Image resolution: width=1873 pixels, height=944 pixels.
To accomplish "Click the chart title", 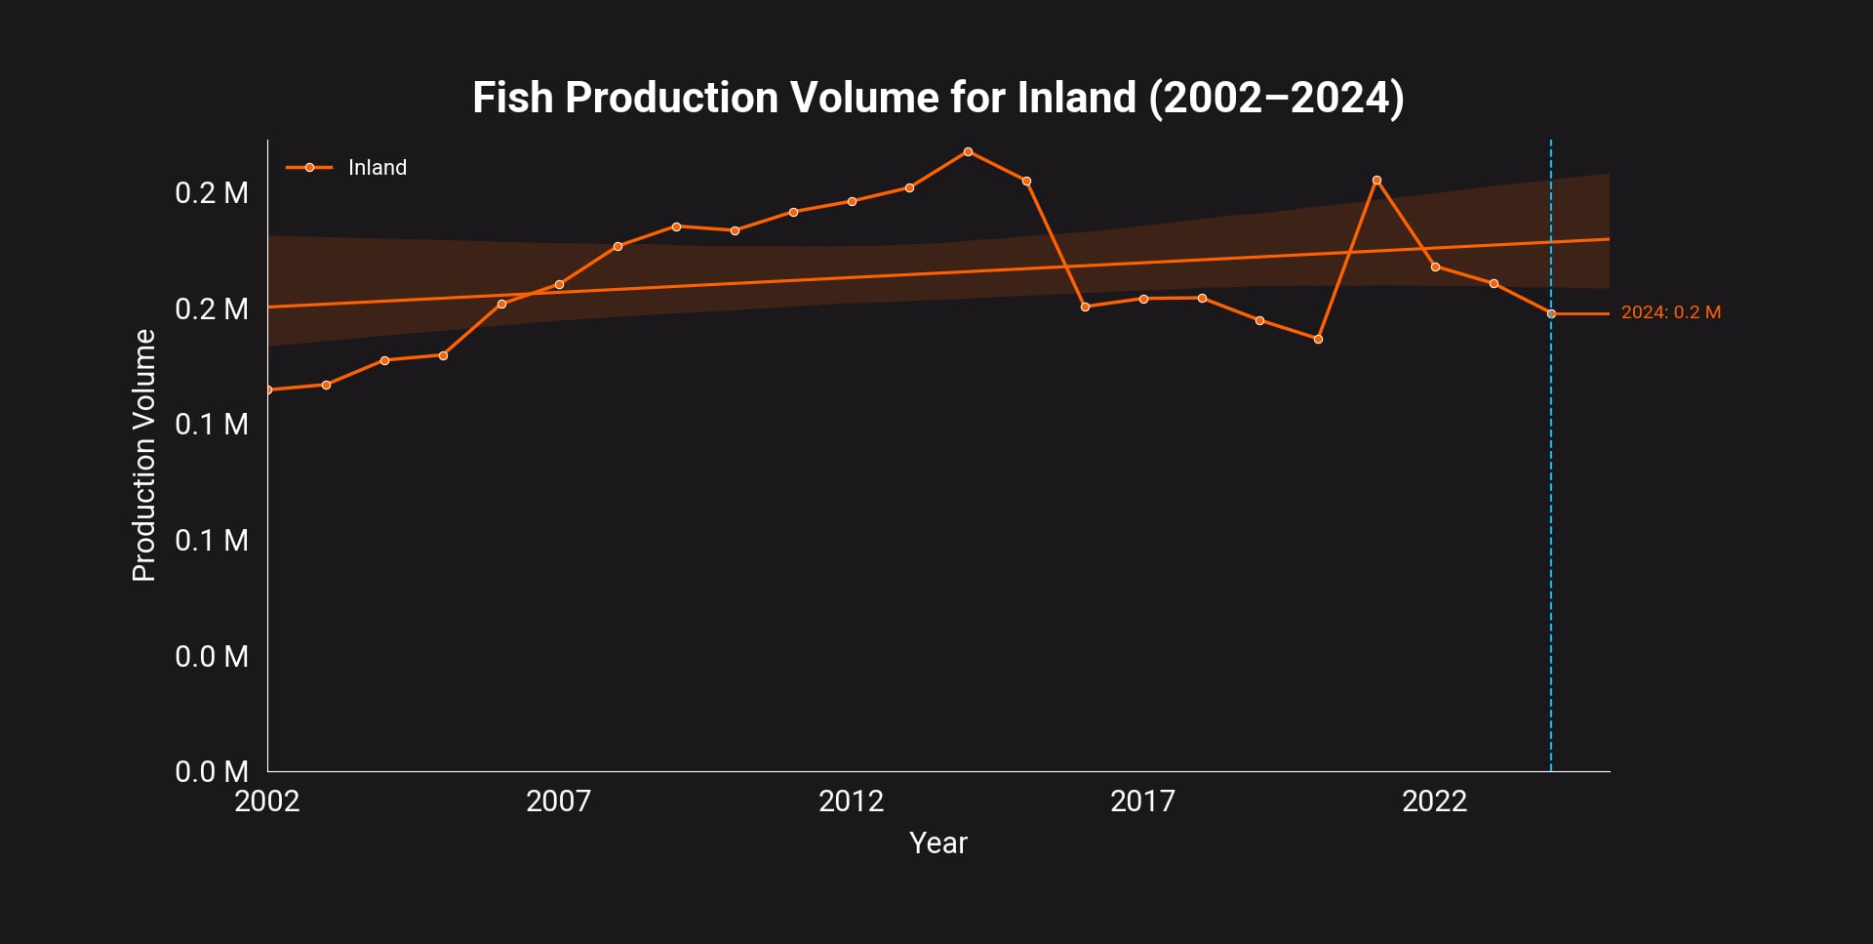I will pyautogui.click(x=937, y=98).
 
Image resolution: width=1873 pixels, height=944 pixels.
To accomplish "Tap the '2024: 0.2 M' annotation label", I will pyautogui.click(x=1670, y=312).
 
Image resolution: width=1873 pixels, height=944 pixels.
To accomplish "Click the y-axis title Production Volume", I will pyautogui.click(x=144, y=455).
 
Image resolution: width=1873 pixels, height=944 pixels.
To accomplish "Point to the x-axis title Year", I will pyautogui.click(x=937, y=842).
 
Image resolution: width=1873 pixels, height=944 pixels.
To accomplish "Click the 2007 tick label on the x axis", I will pyautogui.click(x=558, y=801).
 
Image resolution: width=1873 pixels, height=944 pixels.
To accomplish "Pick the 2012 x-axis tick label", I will pyautogui.click(x=851, y=801).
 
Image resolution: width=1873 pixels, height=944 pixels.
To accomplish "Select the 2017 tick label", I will pyautogui.click(x=1142, y=801).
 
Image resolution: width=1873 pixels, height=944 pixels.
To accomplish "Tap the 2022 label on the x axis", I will pyautogui.click(x=1434, y=801).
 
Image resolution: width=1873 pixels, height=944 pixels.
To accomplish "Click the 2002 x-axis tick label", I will pyautogui.click(x=267, y=801).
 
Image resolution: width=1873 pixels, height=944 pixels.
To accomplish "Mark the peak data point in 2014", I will pyautogui.click(x=968, y=151).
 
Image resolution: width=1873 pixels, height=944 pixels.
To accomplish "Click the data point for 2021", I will pyautogui.click(x=1376, y=181).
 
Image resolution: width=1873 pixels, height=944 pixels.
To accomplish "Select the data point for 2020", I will pyautogui.click(x=1318, y=339).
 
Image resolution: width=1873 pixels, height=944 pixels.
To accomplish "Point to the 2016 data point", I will pyautogui.click(x=1085, y=307).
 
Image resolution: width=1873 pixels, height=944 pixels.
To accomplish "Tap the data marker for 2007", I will pyautogui.click(x=559, y=284).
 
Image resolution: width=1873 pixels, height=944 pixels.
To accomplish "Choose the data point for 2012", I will pyautogui.click(x=852, y=201).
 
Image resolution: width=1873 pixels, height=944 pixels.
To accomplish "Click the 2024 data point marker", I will pyautogui.click(x=1551, y=313).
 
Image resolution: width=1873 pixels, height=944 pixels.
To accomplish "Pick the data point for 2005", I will pyautogui.click(x=443, y=355).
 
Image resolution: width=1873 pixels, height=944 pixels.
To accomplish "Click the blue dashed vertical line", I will pyautogui.click(x=1551, y=537).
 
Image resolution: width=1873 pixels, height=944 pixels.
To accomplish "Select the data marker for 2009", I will pyautogui.click(x=676, y=226).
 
